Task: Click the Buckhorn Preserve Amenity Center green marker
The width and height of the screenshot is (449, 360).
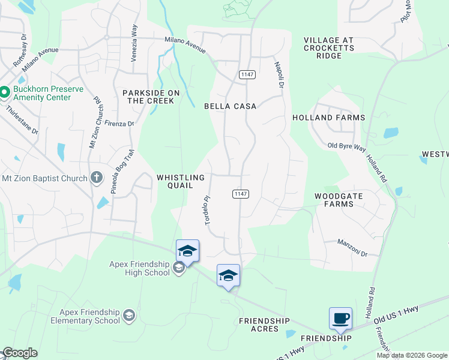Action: coord(4,92)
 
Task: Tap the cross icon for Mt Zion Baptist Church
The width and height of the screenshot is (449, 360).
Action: coord(96,177)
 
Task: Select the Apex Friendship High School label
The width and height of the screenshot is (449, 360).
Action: coord(139,268)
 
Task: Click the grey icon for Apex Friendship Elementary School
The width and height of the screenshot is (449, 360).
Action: coord(128,315)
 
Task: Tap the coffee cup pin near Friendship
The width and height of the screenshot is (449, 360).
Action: coord(340,318)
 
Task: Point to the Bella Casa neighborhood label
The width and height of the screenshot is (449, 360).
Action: coord(231,106)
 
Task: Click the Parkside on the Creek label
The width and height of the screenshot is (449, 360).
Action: coord(148,97)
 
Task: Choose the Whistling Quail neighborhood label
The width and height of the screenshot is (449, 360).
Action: coord(181,182)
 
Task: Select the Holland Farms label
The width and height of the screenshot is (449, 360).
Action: coord(328,118)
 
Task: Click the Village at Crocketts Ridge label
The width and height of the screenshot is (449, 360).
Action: coord(329,48)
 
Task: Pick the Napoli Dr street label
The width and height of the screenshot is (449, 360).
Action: coord(279,74)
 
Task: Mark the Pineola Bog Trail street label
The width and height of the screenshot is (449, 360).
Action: coord(120,171)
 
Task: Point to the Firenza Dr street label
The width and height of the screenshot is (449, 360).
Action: coord(119,124)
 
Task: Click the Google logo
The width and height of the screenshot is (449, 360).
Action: coord(20,353)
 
